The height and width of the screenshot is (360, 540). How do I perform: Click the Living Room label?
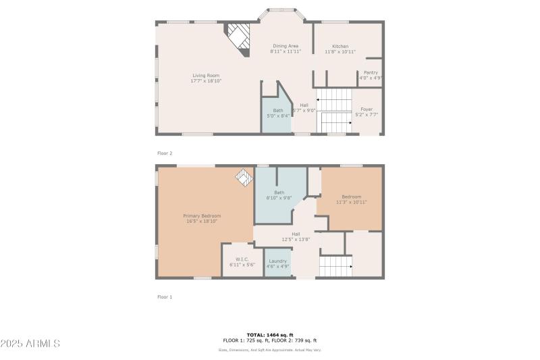coord(206,76)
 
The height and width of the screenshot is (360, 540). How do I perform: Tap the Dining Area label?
coord(285,46)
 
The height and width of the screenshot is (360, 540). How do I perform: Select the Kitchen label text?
coord(340,46)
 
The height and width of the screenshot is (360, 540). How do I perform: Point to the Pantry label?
coord(371,72)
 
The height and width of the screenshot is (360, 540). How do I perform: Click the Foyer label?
coord(367,109)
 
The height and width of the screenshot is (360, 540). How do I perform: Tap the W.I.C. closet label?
coord(242,259)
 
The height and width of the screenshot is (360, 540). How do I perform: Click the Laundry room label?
coord(278,261)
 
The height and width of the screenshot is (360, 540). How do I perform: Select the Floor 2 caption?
coord(165,153)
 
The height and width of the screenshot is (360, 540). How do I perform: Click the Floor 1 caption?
coord(165,297)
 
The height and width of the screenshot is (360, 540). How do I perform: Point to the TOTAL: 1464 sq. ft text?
coord(270,335)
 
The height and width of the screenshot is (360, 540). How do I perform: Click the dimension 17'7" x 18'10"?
coord(206,81)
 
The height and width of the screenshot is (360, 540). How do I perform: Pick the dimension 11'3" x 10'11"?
coord(351,202)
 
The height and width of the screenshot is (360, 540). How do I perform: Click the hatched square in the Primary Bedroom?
coord(242,176)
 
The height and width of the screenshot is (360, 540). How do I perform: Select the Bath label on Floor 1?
coord(279,192)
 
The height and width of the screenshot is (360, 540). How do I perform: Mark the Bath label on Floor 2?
coord(278,110)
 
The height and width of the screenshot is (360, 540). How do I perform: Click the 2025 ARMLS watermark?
coord(31,344)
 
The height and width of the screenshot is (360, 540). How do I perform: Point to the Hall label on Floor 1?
coord(296,234)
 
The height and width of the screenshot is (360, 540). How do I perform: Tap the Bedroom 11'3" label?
coord(351,197)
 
